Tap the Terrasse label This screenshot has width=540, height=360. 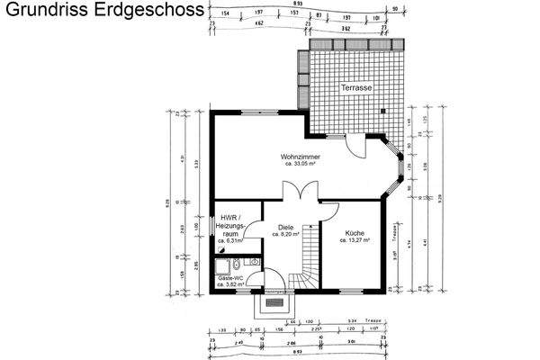coord(356,88)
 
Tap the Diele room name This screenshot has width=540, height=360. coord(285,227)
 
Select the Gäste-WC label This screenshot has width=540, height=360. coord(232,279)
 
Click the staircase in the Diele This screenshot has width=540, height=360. coord(309,261)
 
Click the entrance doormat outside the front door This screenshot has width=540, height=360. coord(276,305)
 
